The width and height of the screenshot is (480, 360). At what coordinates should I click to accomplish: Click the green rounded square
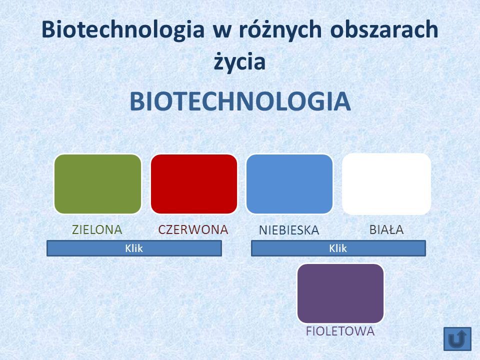pos(97,184)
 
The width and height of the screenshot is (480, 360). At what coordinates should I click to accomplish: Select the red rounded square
pos(194,184)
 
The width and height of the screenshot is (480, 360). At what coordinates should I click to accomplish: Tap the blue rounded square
pos(289,184)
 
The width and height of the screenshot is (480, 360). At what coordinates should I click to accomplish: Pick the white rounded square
pos(386,184)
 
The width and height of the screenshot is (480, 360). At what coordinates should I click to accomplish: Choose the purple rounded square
pos(340,293)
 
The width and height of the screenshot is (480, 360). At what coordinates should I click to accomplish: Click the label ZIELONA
pos(97,229)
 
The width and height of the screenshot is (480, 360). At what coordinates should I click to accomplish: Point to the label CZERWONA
pos(193,229)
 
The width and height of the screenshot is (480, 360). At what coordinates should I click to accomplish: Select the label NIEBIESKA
pos(289,230)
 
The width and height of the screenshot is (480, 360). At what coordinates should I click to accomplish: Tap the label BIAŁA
pos(386,229)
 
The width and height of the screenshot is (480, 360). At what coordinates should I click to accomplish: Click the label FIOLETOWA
pos(340,331)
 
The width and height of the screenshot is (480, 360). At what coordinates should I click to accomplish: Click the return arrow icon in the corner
pos(457,339)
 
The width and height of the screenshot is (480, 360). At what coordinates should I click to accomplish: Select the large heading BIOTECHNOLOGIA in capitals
pos(240,101)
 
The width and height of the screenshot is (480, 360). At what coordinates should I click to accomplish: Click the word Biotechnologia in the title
pos(123,30)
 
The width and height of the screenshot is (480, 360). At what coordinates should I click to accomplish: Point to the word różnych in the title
pos(280,30)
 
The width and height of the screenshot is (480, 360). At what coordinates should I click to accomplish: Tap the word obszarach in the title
pos(384,29)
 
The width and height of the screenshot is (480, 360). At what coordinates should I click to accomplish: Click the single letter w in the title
pos(221,32)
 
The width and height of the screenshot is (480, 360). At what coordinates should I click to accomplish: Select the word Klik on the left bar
pos(134,248)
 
